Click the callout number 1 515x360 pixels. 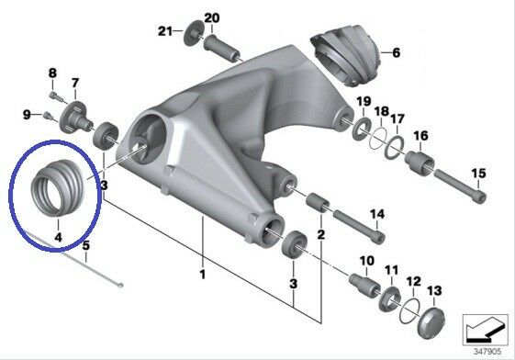click(201, 275)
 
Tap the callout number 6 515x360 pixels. click(397, 54)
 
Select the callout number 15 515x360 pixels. click(478, 174)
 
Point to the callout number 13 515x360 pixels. click(434, 290)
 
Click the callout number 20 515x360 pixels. click(211, 18)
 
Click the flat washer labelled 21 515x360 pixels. click(192, 33)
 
